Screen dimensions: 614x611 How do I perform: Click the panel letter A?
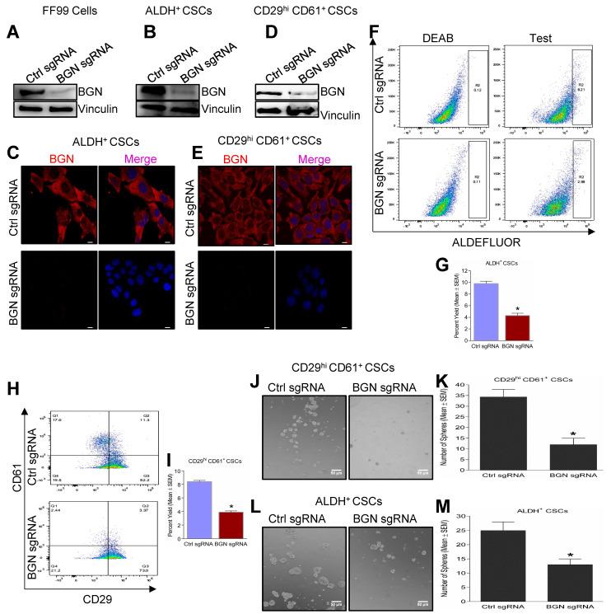click(13, 34)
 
